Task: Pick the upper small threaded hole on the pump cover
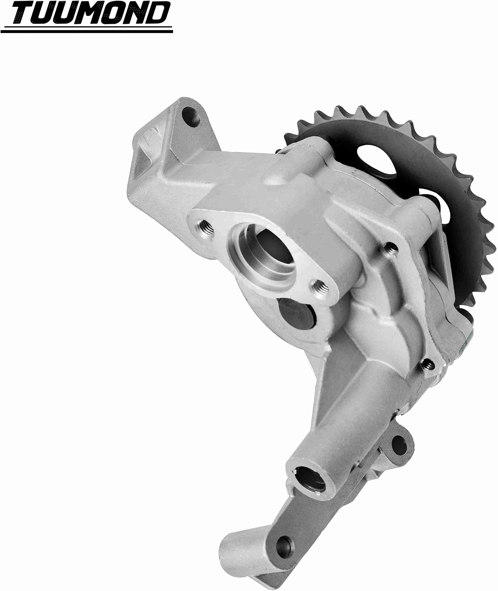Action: coord(391,248)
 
